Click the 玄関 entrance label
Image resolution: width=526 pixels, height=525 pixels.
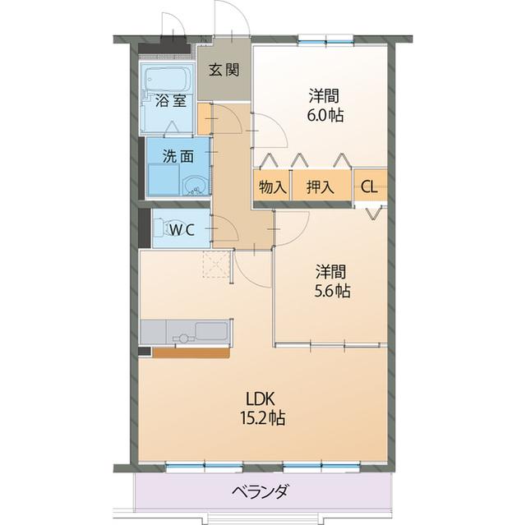(224, 70)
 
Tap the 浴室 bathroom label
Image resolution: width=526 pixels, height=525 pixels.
(170, 100)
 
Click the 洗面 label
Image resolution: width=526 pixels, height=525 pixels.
(178, 156)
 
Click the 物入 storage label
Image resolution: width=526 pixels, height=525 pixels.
(273, 187)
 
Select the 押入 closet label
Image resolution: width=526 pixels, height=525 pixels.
(321, 187)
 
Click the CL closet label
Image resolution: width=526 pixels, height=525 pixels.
(369, 187)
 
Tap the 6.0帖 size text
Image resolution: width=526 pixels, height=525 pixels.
(325, 115)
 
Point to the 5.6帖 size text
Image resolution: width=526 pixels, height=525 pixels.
(332, 291)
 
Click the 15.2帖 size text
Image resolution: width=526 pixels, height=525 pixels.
(263, 418)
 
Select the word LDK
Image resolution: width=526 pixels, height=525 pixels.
(261, 399)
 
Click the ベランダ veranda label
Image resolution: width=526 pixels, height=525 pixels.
(261, 491)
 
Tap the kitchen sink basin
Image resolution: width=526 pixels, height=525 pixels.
(212, 330)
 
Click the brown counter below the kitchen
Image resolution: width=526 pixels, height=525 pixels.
(191, 353)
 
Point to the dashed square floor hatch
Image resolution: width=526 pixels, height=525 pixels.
(215, 265)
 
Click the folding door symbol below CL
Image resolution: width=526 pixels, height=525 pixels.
(373, 214)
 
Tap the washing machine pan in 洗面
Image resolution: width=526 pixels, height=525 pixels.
(164, 179)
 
